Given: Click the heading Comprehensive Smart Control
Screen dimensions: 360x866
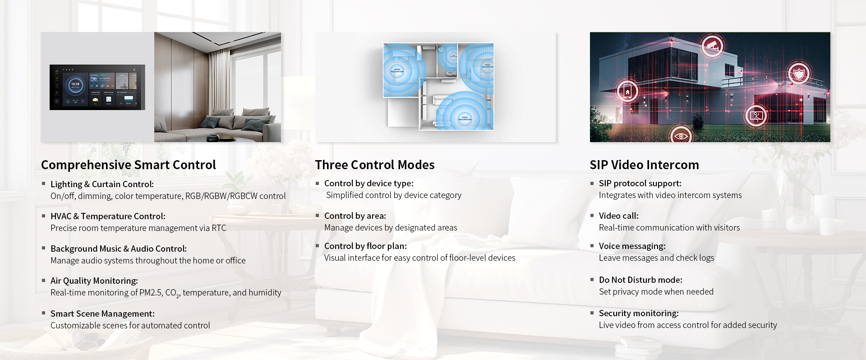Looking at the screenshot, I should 129,165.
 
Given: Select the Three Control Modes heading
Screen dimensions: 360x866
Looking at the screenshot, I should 374,165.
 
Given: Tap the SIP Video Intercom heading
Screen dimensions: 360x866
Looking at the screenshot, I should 644,165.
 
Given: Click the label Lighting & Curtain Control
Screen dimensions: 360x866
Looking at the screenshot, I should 102,184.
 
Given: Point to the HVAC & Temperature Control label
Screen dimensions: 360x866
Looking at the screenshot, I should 108,217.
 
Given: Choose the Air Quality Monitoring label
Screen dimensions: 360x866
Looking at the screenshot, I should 94,281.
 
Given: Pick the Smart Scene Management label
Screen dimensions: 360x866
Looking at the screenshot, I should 102,314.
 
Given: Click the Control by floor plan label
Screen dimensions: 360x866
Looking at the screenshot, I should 365,246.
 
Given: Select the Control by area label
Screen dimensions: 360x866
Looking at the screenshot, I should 355,216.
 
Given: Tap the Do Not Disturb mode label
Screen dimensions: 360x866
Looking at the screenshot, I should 640,280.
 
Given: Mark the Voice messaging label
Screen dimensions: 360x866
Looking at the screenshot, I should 632,246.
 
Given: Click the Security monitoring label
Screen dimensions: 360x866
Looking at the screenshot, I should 639,314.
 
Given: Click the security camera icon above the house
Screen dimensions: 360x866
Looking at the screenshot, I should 713,46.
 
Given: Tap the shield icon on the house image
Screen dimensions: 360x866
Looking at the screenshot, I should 799,73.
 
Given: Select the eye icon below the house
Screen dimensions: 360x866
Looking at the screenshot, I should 681,135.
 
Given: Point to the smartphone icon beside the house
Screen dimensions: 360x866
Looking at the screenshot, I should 627,92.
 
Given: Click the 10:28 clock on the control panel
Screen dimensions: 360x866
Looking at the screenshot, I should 75,84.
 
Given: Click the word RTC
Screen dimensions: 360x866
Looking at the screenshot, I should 219,228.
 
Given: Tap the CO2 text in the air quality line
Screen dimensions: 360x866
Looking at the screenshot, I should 172,293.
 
